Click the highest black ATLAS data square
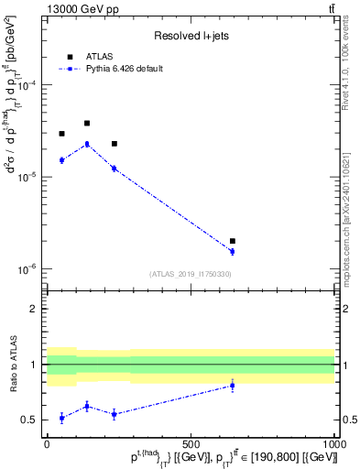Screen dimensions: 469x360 tap(87, 123)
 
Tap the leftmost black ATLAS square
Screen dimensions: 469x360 tap(61, 134)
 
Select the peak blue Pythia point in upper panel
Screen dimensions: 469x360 tap(87, 144)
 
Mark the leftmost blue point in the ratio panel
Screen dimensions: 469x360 tap(61, 418)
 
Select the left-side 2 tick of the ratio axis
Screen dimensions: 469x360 tap(38, 309)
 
